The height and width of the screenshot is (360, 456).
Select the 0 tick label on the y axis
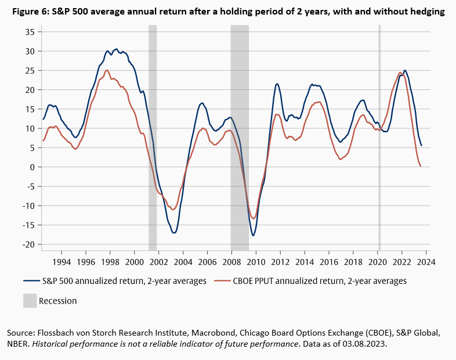point(32,167)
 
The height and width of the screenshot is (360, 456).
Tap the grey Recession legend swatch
point(29,300)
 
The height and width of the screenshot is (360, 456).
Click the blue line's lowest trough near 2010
point(254,235)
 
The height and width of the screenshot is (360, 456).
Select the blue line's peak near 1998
point(116,49)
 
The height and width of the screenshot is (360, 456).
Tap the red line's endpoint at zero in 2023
point(420,167)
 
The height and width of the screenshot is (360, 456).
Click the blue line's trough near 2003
point(173,233)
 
